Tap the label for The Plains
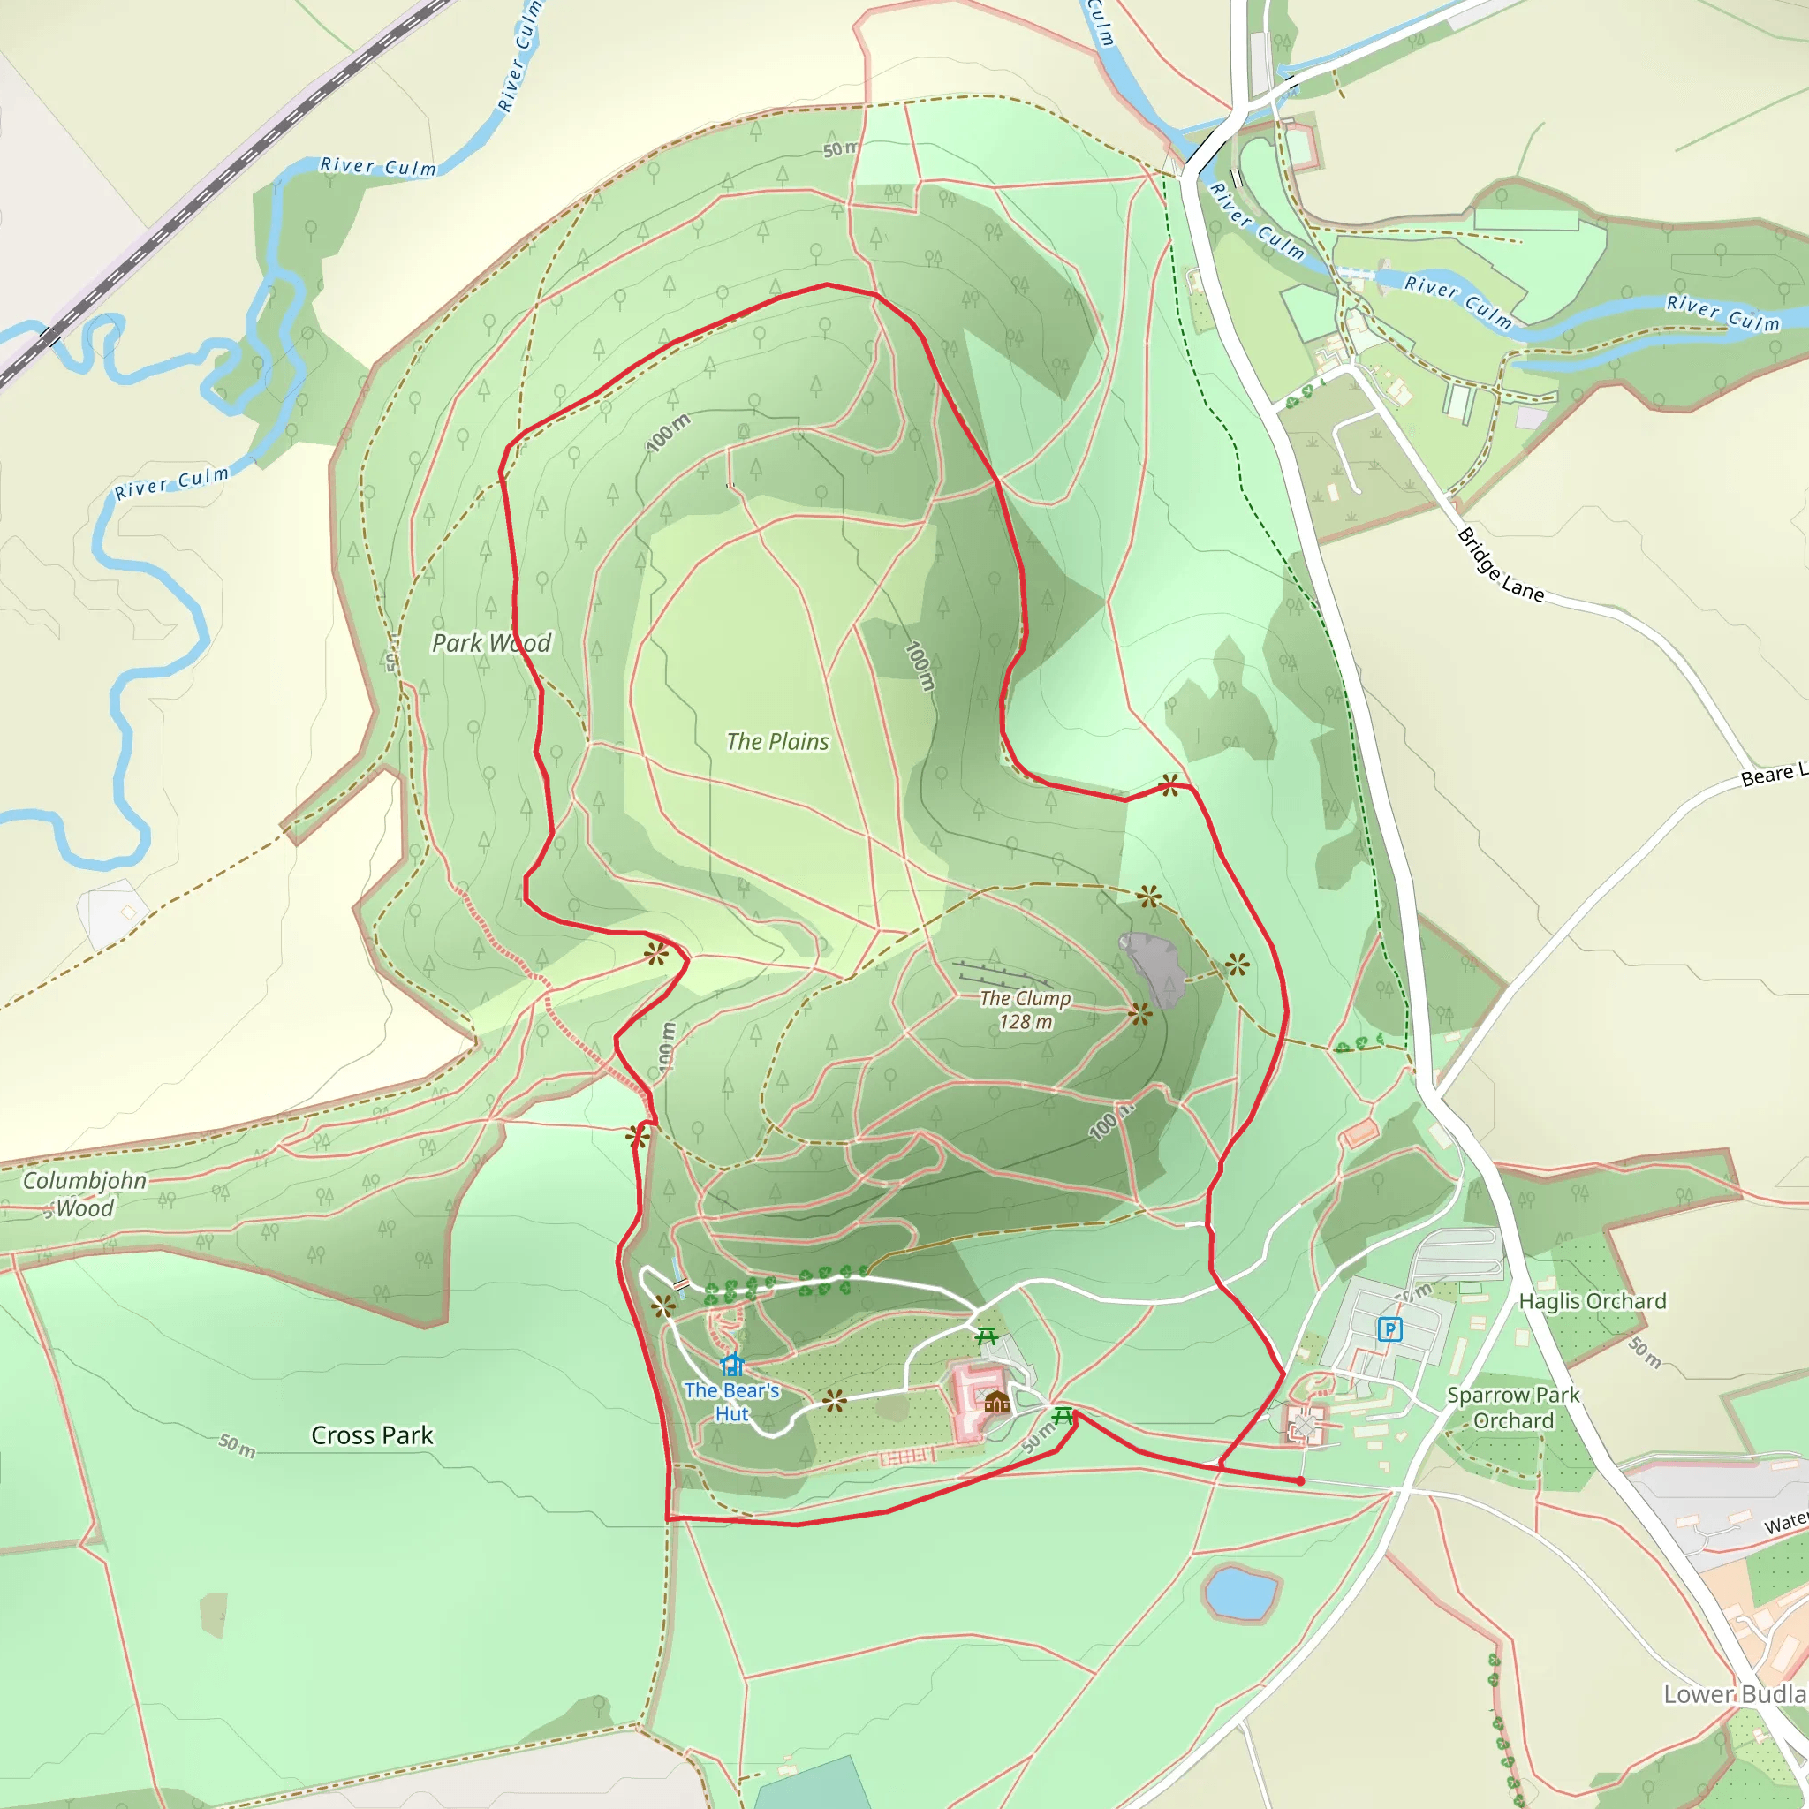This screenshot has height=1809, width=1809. pyautogui.click(x=777, y=742)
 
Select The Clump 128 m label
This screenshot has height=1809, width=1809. pyautogui.click(x=1026, y=1010)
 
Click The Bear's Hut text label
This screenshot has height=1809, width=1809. pyautogui.click(x=731, y=1402)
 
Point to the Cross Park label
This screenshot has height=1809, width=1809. pyautogui.click(x=372, y=1435)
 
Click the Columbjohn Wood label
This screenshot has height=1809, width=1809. pyautogui.click(x=84, y=1194)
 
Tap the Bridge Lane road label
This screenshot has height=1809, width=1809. pyautogui.click(x=1500, y=564)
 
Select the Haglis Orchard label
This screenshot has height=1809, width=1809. pyautogui.click(x=1592, y=1300)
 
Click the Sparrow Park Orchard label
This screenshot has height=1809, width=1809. pyautogui.click(x=1512, y=1407)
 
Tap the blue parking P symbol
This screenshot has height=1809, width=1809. pyautogui.click(x=1389, y=1328)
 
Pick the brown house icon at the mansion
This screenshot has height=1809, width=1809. pyautogui.click(x=997, y=1401)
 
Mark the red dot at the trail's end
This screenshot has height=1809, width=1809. pyautogui.click(x=1299, y=1480)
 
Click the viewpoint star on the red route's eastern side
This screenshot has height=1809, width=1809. pyautogui.click(x=1169, y=784)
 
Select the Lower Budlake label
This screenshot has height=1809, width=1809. pyautogui.click(x=1734, y=1694)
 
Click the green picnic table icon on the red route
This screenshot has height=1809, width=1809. pyautogui.click(x=1063, y=1416)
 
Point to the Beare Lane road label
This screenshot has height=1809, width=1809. pyautogui.click(x=1773, y=776)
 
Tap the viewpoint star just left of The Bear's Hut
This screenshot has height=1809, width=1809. pyautogui.click(x=663, y=1306)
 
